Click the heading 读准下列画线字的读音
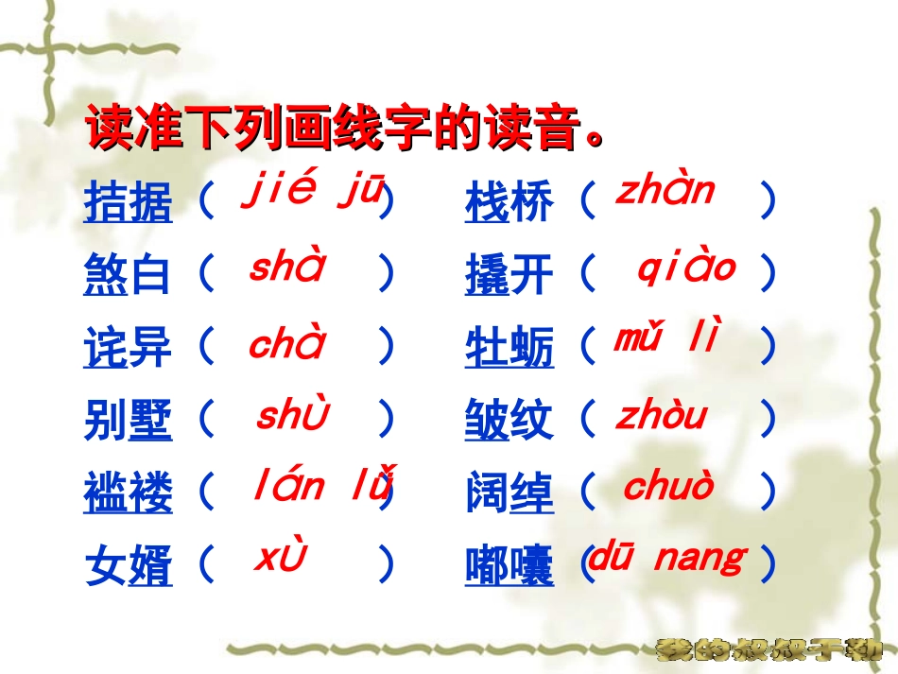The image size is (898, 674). tap(345, 130)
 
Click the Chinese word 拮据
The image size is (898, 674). tap(129, 202)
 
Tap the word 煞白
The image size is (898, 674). tap(129, 275)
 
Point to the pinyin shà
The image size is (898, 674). tap(286, 268)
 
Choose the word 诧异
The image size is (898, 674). tap(129, 348)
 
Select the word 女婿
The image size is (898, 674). tap(129, 566)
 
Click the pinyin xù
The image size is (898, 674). tap(281, 559)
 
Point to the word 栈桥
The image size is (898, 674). tap(509, 202)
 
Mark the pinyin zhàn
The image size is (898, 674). tap(665, 191)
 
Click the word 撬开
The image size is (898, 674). tap(509, 275)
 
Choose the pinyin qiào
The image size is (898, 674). tap(685, 268)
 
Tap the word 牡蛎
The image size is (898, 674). tap(509, 348)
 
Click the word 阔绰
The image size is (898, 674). tap(509, 493)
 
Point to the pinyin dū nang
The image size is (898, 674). tap(666, 558)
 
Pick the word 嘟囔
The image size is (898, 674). tap(509, 566)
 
